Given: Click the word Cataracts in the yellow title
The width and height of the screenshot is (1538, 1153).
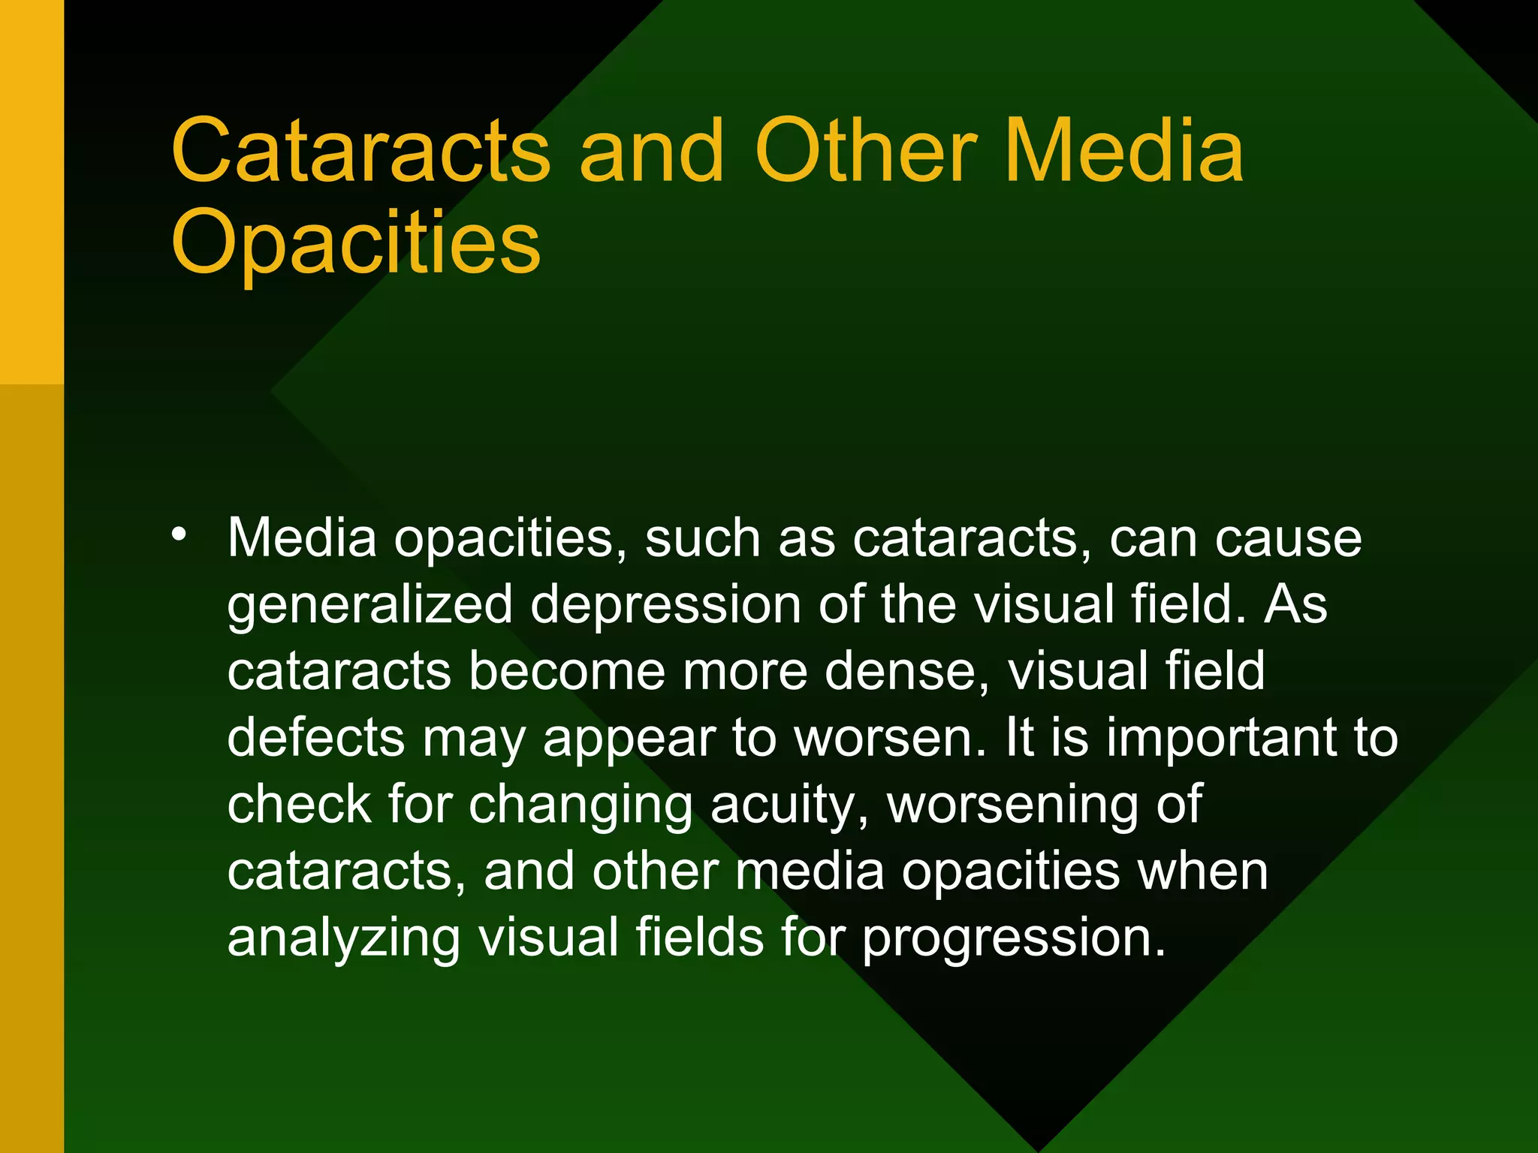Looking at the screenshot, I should point(360,152).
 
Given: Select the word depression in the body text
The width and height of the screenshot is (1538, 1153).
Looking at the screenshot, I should point(665,605).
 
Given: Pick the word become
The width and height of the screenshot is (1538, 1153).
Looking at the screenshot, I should point(567,671).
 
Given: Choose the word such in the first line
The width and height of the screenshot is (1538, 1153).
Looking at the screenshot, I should point(702,539).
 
